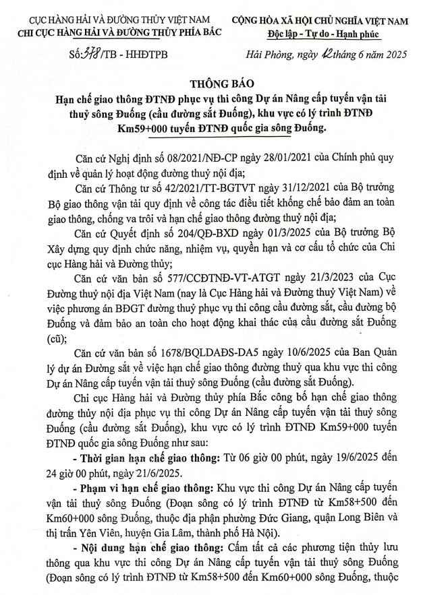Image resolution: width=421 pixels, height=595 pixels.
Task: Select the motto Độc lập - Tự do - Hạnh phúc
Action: (x=320, y=34)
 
